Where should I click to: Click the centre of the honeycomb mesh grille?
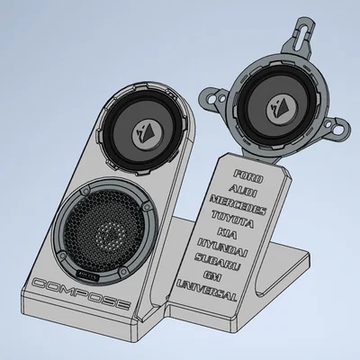point(107,232)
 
